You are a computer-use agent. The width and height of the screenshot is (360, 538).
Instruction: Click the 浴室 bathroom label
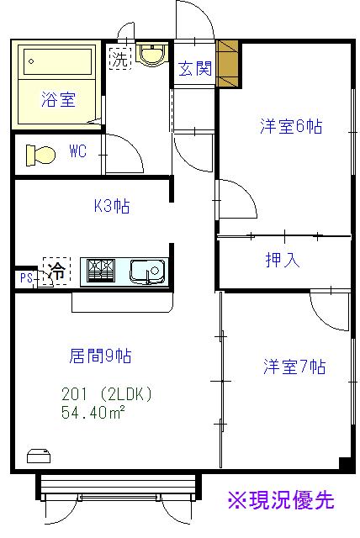[x=58, y=99]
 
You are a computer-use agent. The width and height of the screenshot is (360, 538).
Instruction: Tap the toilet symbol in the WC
[x=41, y=156]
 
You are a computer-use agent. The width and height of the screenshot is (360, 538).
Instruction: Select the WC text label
[x=78, y=151]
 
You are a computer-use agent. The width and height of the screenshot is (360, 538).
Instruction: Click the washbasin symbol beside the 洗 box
[x=151, y=55]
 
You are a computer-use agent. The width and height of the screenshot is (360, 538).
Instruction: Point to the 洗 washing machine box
[x=120, y=59]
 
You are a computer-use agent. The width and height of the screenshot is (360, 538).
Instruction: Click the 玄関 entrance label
[x=195, y=68]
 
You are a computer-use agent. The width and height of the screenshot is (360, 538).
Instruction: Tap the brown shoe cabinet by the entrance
[x=227, y=64]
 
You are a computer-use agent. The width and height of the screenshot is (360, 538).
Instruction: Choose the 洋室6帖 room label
[x=291, y=126]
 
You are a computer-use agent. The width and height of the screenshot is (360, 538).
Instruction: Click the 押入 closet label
[x=283, y=260]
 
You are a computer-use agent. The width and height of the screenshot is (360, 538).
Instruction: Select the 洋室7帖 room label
[x=294, y=367]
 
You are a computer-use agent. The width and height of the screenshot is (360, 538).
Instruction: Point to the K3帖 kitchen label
[x=112, y=206]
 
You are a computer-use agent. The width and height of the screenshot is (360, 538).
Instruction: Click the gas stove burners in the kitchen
[x=101, y=271]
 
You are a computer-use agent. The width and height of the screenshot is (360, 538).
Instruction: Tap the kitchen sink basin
[x=147, y=272]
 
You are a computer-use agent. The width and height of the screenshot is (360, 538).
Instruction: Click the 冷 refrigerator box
[x=56, y=272]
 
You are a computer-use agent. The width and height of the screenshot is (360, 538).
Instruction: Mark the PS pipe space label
[x=26, y=278]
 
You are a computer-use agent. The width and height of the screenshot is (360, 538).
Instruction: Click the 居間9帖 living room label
[x=100, y=356]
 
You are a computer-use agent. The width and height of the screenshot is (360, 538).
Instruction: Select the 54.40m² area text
[x=93, y=412]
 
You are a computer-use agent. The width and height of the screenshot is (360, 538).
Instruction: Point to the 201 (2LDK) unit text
[x=106, y=394]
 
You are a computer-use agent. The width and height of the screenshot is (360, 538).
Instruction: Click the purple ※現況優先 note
[x=281, y=500]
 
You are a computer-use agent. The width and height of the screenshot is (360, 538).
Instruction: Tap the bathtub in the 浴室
[x=58, y=61]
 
